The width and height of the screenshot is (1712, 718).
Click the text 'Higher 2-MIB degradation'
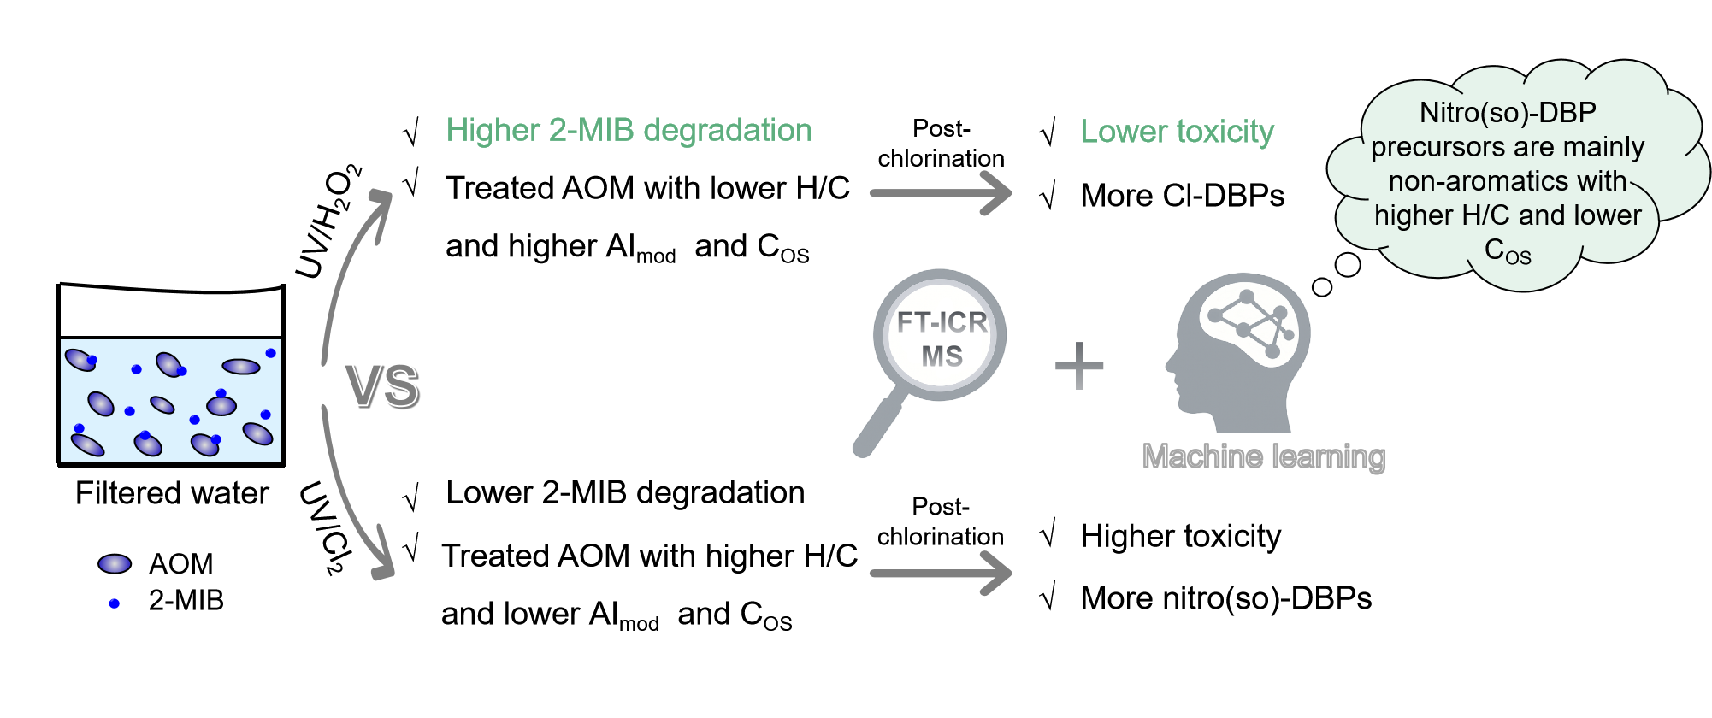629,130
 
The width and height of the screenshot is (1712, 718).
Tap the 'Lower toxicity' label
1177,132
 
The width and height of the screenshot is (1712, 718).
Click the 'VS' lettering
382,385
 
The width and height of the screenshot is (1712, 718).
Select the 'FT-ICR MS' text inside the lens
942,338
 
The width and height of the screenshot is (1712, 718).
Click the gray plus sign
1079,366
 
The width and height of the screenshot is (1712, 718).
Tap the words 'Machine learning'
1263,456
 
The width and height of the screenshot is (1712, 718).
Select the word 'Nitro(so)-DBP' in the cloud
1508,112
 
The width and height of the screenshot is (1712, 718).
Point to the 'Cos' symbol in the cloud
1507,250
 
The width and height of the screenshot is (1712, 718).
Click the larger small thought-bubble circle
1348,265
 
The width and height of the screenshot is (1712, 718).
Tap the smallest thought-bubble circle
1322,287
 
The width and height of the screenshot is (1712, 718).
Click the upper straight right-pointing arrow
941,192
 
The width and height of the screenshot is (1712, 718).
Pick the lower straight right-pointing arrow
941,573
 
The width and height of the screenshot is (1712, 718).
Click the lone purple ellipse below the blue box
115,563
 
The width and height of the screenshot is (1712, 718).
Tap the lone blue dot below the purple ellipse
114,603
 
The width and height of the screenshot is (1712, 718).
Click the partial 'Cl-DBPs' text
1211,199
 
